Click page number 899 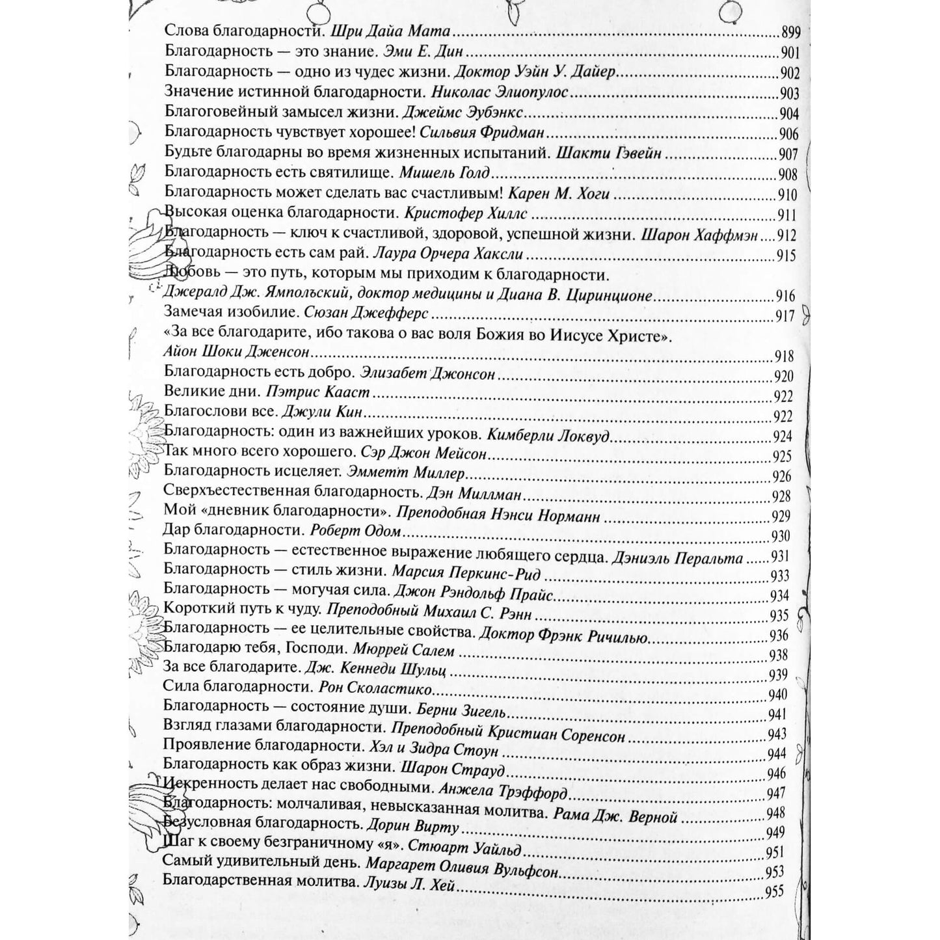tap(789, 33)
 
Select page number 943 tap(777, 734)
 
